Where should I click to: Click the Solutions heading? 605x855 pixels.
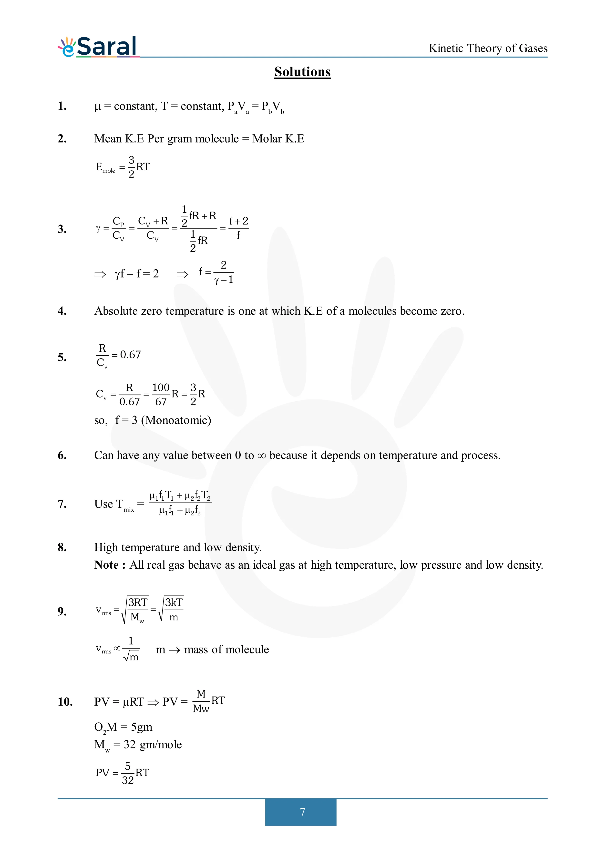click(x=302, y=72)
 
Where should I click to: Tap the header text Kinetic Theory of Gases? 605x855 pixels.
click(x=488, y=49)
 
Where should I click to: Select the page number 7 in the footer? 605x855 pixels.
click(x=302, y=812)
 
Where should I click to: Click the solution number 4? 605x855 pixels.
click(x=62, y=311)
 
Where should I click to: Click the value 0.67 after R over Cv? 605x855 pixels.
click(x=131, y=355)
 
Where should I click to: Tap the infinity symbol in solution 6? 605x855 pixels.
click(x=262, y=456)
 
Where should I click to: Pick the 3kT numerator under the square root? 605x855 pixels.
click(x=174, y=602)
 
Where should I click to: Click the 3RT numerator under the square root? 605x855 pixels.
click(x=138, y=602)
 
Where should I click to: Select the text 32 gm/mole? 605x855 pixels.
click(x=153, y=744)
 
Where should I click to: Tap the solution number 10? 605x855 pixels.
click(x=65, y=702)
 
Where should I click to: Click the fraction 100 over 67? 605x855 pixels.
click(x=161, y=394)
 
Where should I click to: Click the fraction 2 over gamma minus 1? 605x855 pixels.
click(x=224, y=272)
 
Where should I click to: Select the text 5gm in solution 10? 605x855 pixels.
click(x=142, y=727)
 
